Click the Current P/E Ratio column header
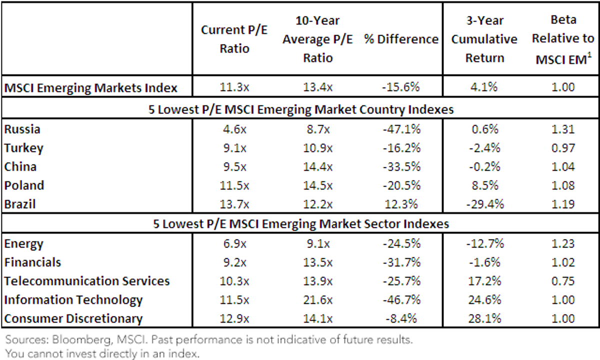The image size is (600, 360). click(x=234, y=39)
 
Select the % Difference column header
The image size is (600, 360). click(x=401, y=39)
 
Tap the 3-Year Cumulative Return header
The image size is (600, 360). click(x=484, y=39)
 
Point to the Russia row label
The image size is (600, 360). click(x=22, y=129)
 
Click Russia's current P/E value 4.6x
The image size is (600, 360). click(x=234, y=129)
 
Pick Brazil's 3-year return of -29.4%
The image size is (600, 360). click(x=485, y=204)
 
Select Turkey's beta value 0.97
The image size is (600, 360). click(x=563, y=148)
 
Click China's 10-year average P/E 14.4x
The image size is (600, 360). click(x=318, y=167)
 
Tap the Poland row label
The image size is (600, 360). click(x=24, y=185)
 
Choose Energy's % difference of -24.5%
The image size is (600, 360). click(x=401, y=244)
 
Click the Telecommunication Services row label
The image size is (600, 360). click(x=87, y=281)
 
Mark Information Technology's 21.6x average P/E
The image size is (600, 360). click(x=318, y=299)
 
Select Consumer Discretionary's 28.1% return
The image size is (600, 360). click(x=484, y=318)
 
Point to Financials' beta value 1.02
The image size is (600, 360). click(x=563, y=262)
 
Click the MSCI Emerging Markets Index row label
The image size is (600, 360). click(x=91, y=88)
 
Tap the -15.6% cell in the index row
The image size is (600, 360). click(x=400, y=87)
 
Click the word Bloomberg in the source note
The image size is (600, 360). click(x=81, y=340)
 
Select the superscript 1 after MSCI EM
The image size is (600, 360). click(x=589, y=55)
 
